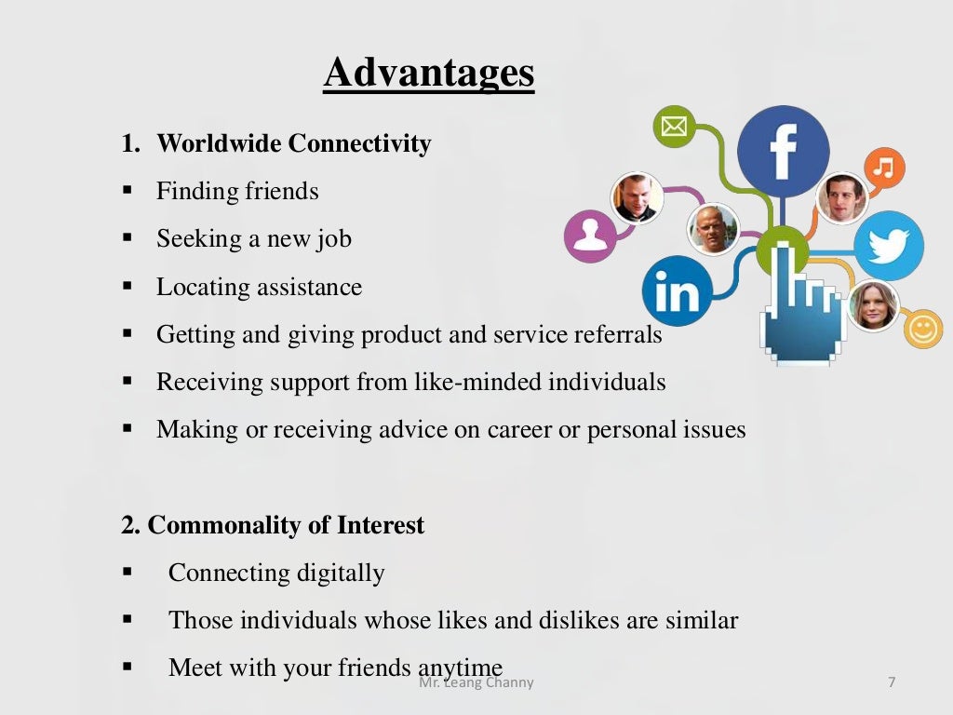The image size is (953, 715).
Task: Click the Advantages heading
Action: point(429,73)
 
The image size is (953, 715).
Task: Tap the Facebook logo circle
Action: point(783,151)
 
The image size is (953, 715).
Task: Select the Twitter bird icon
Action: point(888,246)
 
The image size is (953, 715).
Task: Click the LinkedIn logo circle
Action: point(677,291)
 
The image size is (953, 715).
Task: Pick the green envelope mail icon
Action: point(674,127)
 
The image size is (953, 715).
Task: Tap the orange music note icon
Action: point(883,169)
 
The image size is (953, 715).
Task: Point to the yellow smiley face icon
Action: point(923,330)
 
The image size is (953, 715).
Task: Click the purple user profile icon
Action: point(589,235)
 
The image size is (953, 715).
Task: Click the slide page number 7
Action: point(892,682)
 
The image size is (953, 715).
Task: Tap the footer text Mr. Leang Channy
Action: point(476,682)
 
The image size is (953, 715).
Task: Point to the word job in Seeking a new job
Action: point(334,239)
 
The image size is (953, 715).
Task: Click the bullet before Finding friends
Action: point(128,191)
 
